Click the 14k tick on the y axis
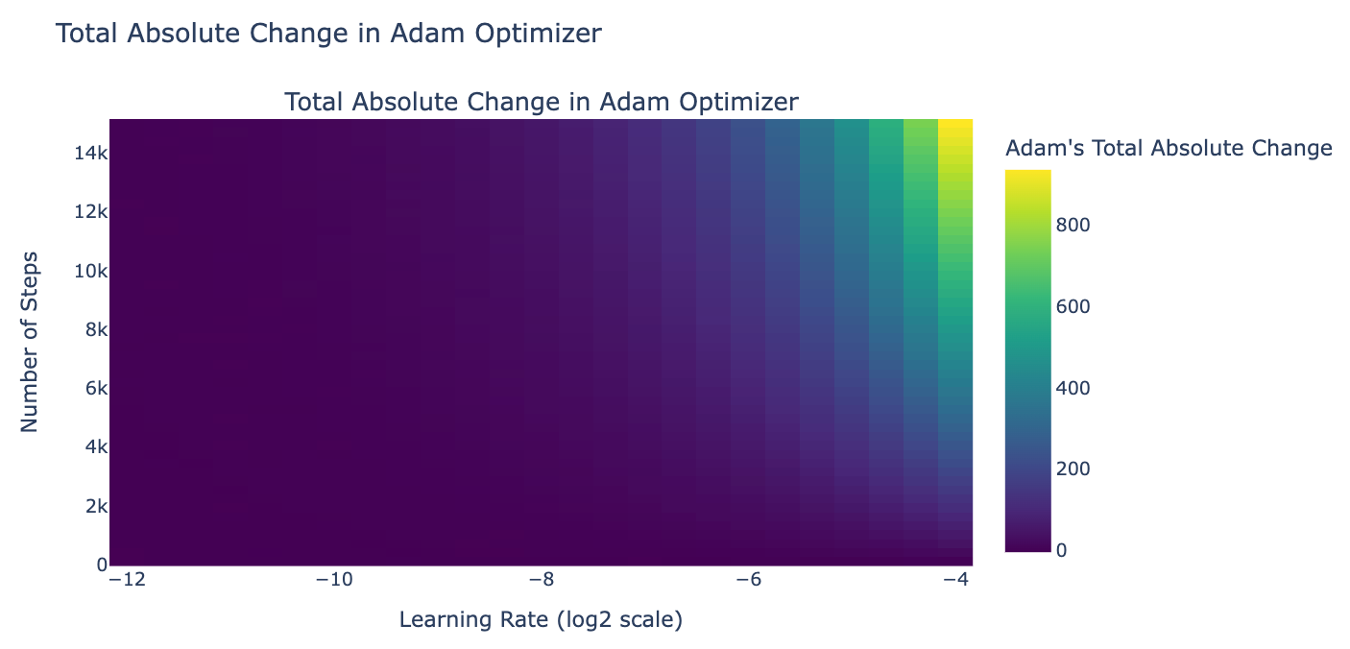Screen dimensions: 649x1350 click(89, 153)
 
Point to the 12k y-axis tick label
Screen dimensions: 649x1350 click(89, 211)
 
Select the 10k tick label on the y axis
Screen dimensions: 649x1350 click(89, 271)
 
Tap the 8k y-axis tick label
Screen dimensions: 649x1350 click(93, 329)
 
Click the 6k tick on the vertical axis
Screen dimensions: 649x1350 click(93, 388)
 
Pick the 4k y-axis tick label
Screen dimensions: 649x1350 click(93, 447)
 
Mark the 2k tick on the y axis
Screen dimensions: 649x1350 click(93, 506)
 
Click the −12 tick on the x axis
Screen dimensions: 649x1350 click(128, 581)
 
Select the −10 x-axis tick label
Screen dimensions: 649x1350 click(335, 581)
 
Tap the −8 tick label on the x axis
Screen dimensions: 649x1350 click(542, 581)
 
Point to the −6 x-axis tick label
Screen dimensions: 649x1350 click(750, 581)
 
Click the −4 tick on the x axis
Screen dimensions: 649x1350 click(956, 581)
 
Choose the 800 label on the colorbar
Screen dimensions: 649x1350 click(1080, 225)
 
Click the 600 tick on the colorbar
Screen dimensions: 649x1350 click(1080, 306)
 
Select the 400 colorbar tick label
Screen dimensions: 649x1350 click(1080, 388)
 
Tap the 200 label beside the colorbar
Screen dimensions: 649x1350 click(1080, 469)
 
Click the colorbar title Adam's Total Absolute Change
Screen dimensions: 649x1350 click(1168, 148)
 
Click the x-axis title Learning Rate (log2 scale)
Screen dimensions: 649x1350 click(541, 621)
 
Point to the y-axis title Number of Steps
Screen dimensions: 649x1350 click(30, 341)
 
